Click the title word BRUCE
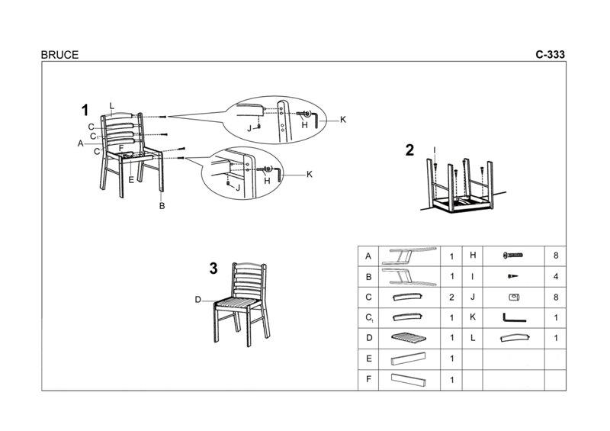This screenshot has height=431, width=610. click(59, 55)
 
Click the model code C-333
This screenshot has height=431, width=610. click(549, 55)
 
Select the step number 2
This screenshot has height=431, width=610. click(409, 150)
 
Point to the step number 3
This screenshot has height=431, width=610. click(213, 268)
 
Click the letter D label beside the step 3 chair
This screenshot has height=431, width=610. click(197, 300)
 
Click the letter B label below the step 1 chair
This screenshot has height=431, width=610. click(162, 205)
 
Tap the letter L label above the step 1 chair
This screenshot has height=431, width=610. click(111, 105)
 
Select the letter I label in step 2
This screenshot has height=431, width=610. click(434, 150)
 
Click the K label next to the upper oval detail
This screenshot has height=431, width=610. click(343, 120)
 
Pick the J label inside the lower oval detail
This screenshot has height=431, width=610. click(238, 188)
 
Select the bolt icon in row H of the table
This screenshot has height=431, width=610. click(511, 256)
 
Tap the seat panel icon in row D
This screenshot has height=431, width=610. click(406, 337)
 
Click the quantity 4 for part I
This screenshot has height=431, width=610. click(554, 276)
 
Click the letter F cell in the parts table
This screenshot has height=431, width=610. click(368, 379)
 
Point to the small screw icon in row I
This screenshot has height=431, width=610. click(511, 276)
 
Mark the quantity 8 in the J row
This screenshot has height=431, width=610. click(554, 297)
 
